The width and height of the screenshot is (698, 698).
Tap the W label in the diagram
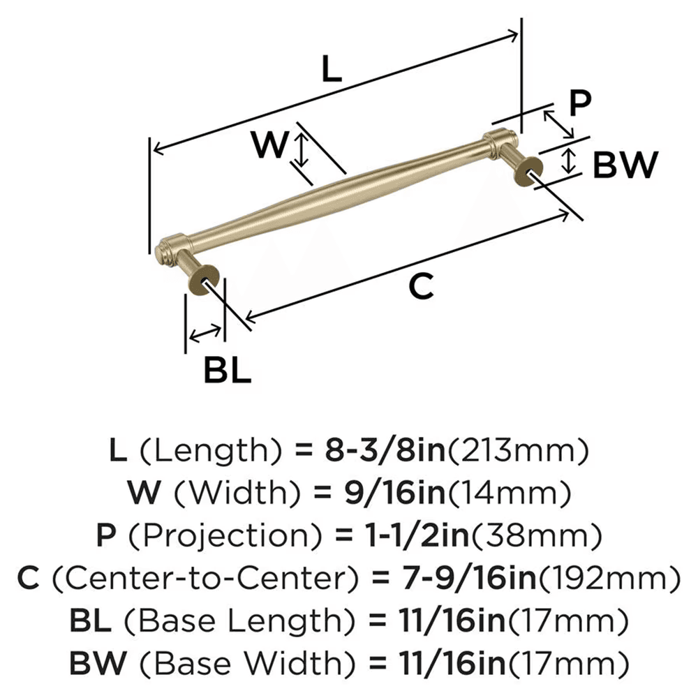coord(269,145)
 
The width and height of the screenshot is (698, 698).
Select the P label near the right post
coord(578,103)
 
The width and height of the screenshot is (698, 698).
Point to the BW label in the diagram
coord(625,165)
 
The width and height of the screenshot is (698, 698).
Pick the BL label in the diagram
coord(228,370)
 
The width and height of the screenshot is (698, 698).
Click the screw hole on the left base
coord(207,284)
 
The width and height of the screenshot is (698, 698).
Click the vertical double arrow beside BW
coord(569,161)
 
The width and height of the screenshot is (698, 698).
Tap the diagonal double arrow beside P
coord(558,123)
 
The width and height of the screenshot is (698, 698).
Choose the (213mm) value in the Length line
coord(516,452)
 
